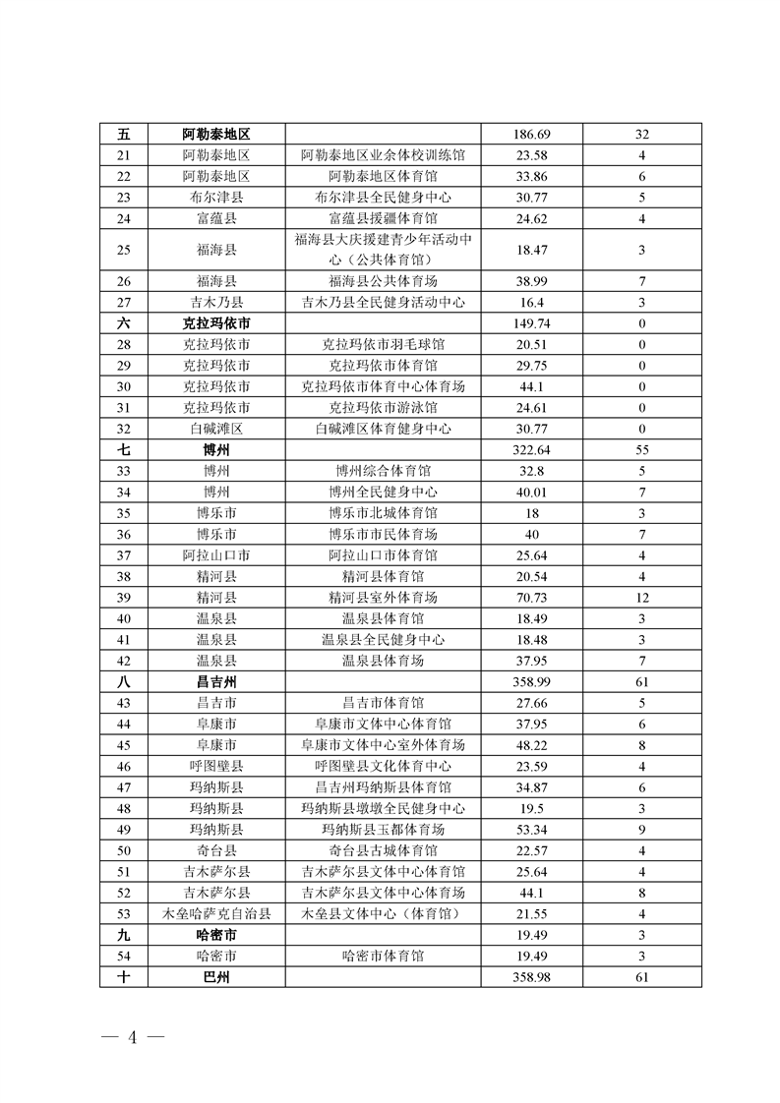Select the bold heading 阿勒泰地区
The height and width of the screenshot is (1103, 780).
(216, 134)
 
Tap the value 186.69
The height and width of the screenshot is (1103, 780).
(531, 134)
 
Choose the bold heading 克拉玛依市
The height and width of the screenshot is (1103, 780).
(216, 323)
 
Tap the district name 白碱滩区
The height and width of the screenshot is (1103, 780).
(216, 429)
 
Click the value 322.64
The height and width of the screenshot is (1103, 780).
(531, 450)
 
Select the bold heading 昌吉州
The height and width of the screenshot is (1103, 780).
(216, 682)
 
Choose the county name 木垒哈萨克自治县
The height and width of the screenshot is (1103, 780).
(216, 914)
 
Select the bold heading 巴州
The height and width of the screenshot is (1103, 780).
(216, 978)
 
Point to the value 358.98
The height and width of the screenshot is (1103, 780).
(531, 978)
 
